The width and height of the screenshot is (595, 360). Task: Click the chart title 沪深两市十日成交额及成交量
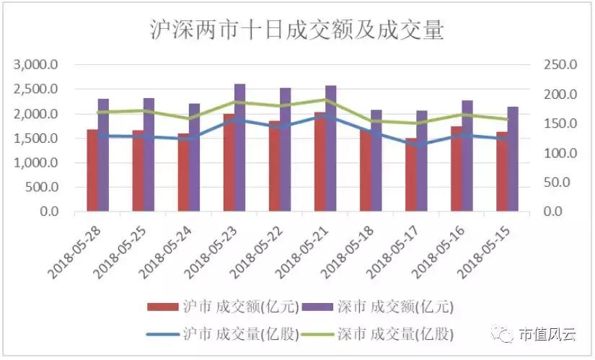coord(296,30)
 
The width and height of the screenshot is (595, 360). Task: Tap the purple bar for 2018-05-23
coord(240,148)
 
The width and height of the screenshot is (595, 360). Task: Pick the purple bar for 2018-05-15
coord(513,159)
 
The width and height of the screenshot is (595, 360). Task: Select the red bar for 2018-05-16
coord(456,169)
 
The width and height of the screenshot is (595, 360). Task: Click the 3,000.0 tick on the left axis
coord(38,65)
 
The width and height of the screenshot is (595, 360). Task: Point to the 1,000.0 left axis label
coord(38,163)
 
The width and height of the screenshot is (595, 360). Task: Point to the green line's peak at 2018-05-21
coord(325,100)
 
